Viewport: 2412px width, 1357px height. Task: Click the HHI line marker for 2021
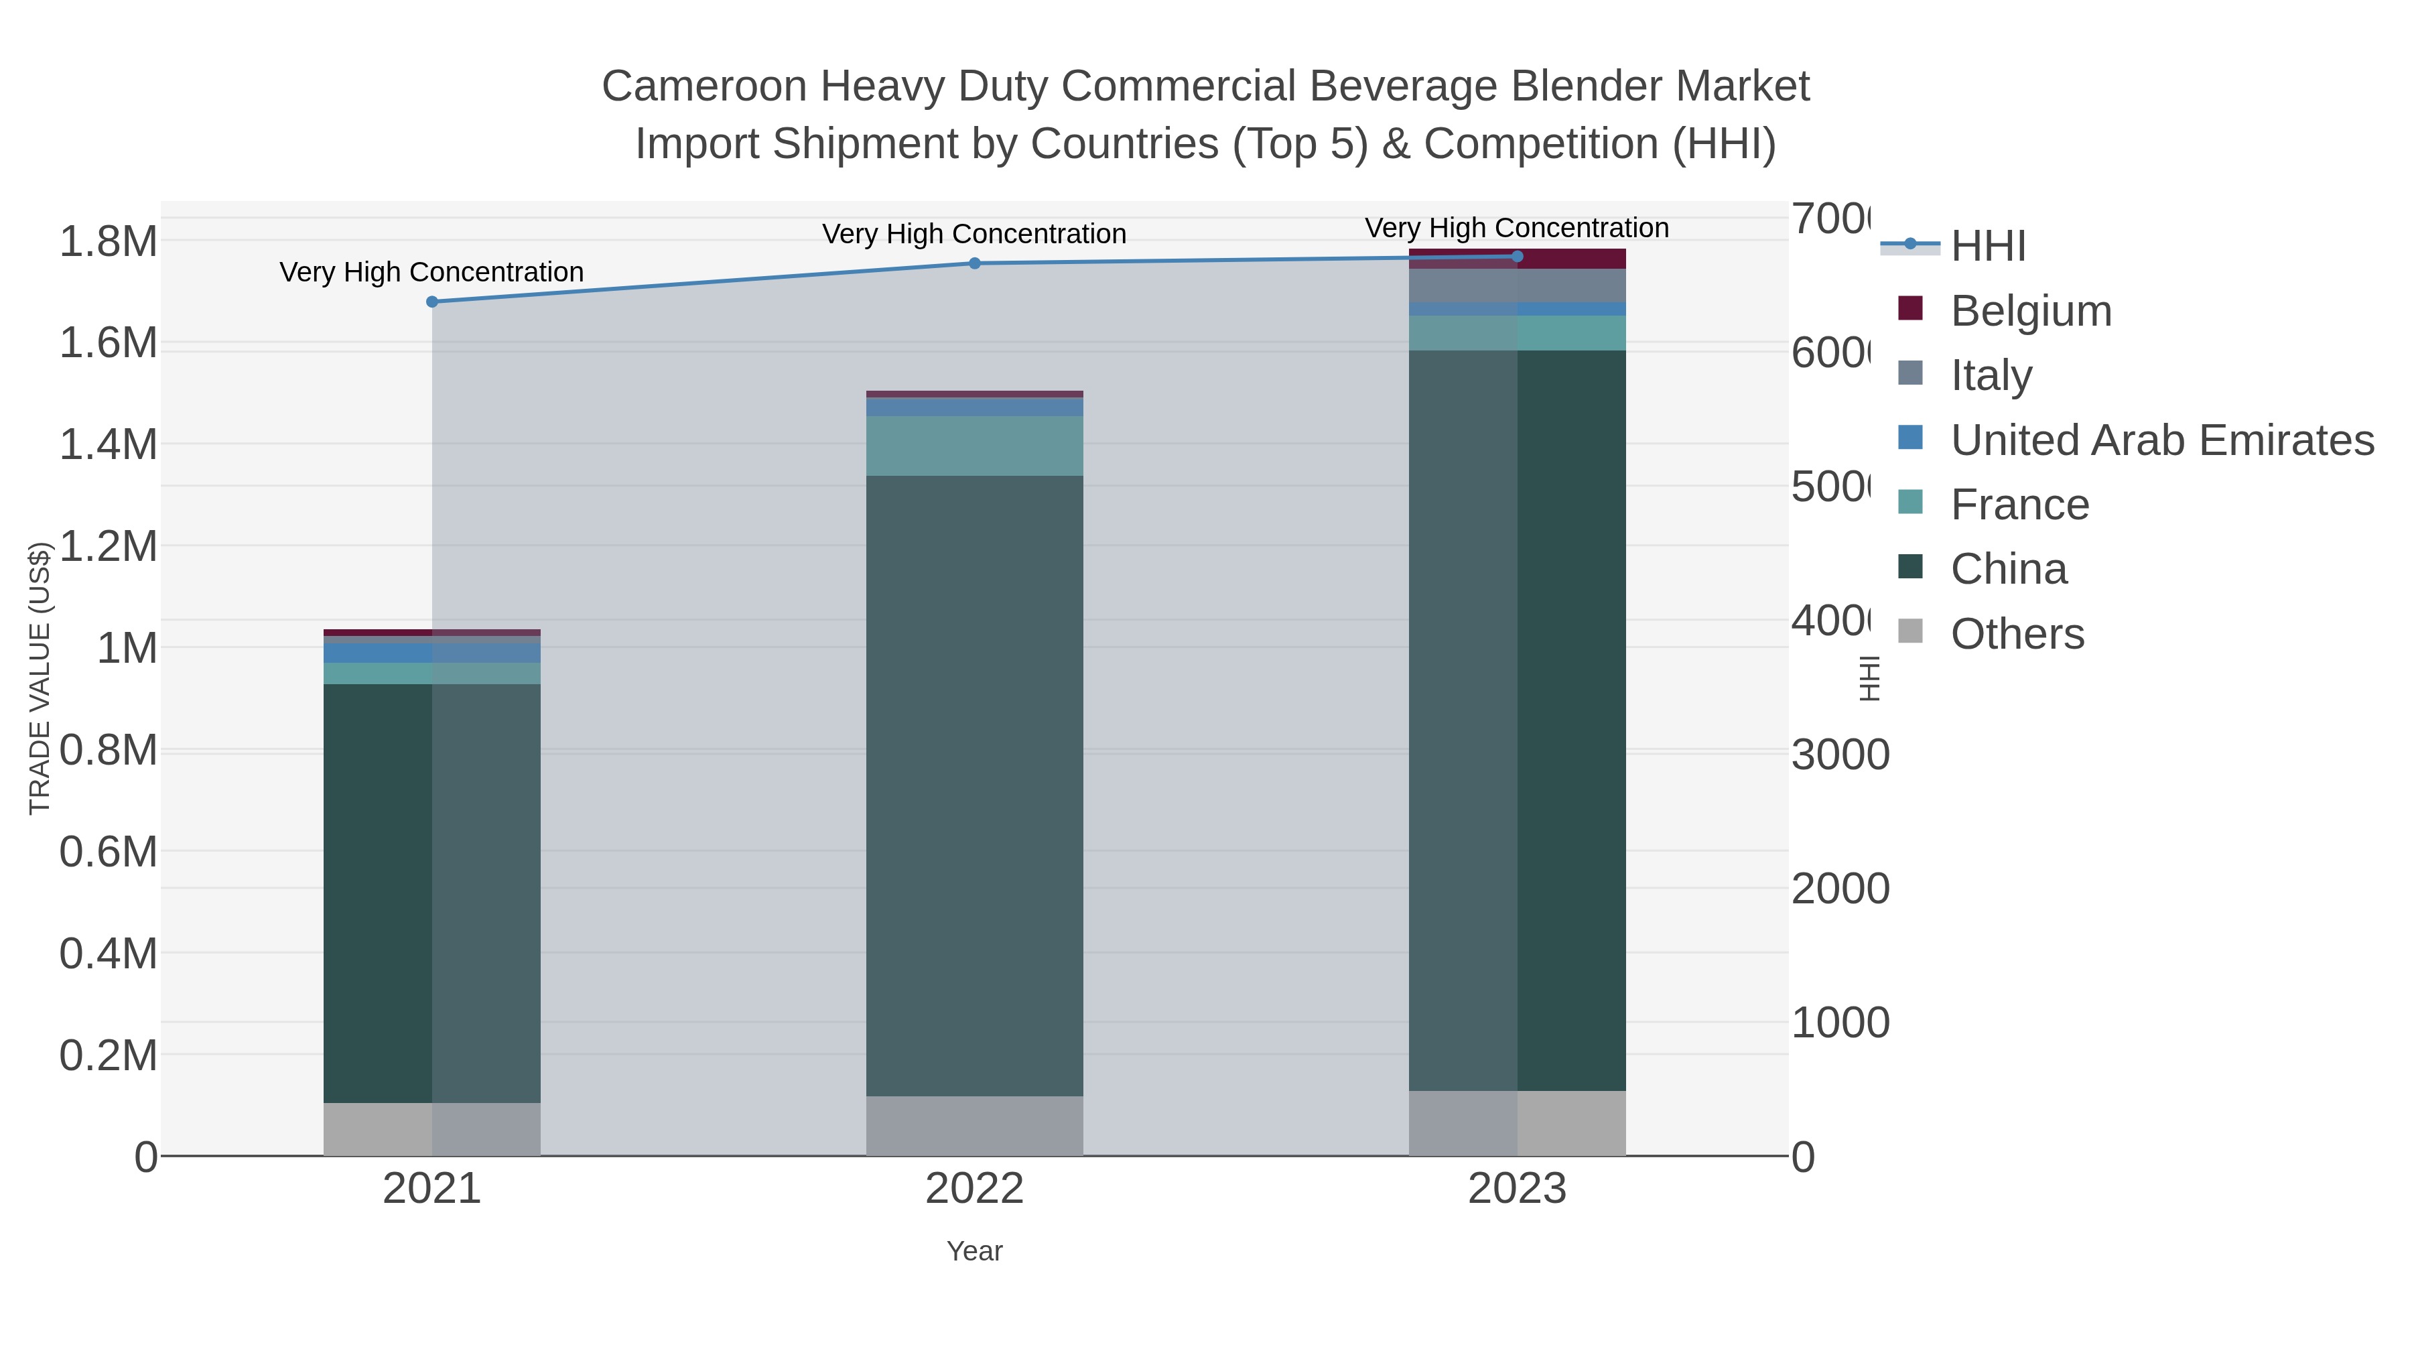click(x=431, y=302)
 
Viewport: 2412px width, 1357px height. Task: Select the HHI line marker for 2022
click(x=975, y=263)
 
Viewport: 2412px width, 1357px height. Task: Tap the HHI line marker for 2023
click(x=1517, y=257)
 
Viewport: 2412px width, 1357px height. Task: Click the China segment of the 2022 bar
click(x=975, y=787)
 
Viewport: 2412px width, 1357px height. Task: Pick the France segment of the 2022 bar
click(x=975, y=446)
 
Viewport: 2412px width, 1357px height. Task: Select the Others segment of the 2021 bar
click(x=431, y=1128)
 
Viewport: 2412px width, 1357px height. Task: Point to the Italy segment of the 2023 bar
click(x=1517, y=285)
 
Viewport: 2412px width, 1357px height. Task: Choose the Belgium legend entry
click(x=2030, y=310)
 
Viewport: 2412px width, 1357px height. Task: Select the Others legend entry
click(x=2016, y=633)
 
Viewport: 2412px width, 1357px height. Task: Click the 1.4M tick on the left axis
click(x=109, y=444)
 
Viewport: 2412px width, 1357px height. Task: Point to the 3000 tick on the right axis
click(x=1840, y=755)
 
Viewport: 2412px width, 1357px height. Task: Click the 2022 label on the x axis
click(x=975, y=1188)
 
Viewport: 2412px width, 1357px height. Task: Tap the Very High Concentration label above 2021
click(x=431, y=271)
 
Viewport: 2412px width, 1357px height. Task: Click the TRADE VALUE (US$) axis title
click(x=40, y=678)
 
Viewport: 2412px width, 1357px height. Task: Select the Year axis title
click(x=975, y=1251)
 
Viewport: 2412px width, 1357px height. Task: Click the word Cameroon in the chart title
click(x=703, y=86)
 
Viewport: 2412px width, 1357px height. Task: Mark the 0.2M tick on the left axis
click(x=109, y=1055)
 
